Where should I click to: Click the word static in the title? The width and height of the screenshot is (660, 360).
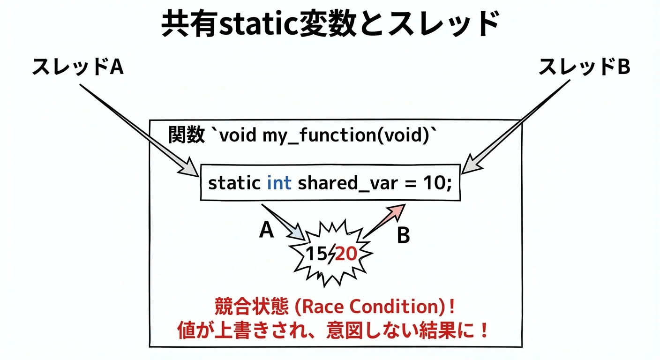click(x=259, y=24)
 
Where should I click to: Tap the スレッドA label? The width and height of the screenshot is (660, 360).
click(x=78, y=67)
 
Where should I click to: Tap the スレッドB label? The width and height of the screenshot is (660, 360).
click(x=585, y=67)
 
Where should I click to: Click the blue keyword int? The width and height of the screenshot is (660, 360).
click(x=279, y=183)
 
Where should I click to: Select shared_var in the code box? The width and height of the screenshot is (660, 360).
click(x=348, y=183)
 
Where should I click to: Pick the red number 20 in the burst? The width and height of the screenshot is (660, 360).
click(x=346, y=253)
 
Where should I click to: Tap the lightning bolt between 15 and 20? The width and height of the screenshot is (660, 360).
click(x=332, y=254)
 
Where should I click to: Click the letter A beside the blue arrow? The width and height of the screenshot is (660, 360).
click(x=266, y=230)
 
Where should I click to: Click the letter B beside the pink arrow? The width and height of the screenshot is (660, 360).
click(x=404, y=235)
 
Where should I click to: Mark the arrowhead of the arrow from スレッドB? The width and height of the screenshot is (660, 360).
click(x=472, y=165)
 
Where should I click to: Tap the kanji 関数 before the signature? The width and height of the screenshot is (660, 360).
click(x=187, y=135)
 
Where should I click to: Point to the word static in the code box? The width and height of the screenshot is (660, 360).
click(x=234, y=183)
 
